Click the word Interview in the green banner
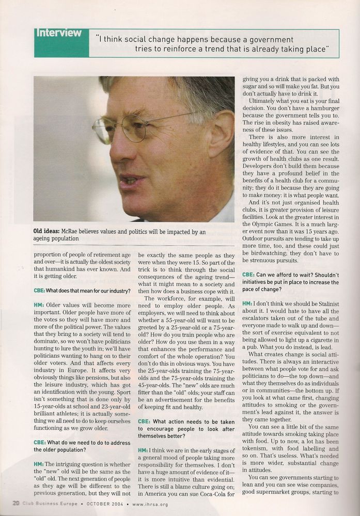[x=58, y=33]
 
